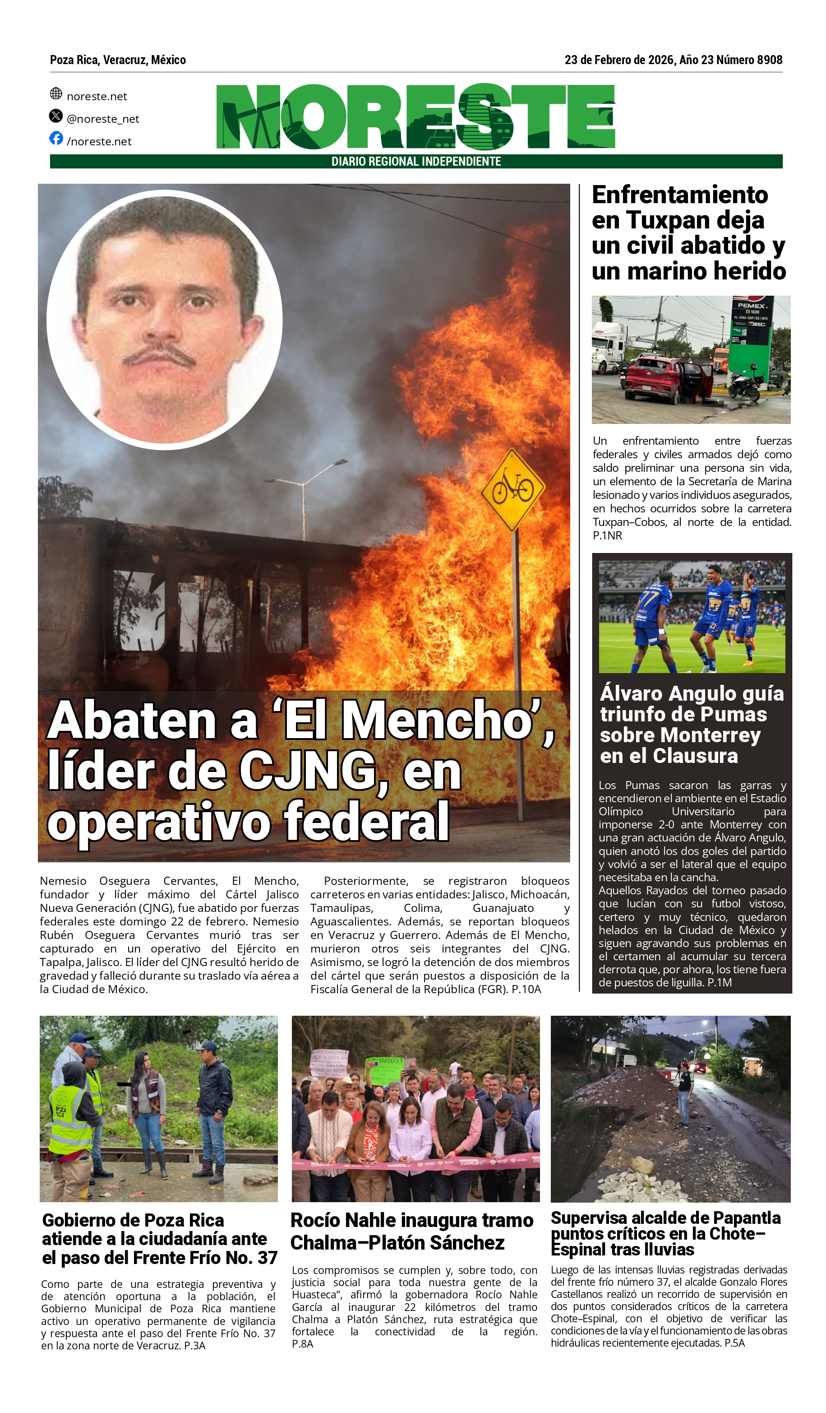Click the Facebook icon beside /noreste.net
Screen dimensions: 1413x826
(x=56, y=138)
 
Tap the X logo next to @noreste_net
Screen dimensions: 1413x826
(x=56, y=116)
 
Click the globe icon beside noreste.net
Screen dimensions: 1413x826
(x=56, y=93)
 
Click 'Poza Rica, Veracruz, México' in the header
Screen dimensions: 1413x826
(x=118, y=60)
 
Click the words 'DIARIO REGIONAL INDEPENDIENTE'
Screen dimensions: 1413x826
(x=416, y=162)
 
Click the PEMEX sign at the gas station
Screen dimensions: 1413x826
(x=752, y=306)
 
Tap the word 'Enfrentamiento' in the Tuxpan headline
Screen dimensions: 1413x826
(x=680, y=195)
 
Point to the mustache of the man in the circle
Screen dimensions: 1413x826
(x=159, y=357)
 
